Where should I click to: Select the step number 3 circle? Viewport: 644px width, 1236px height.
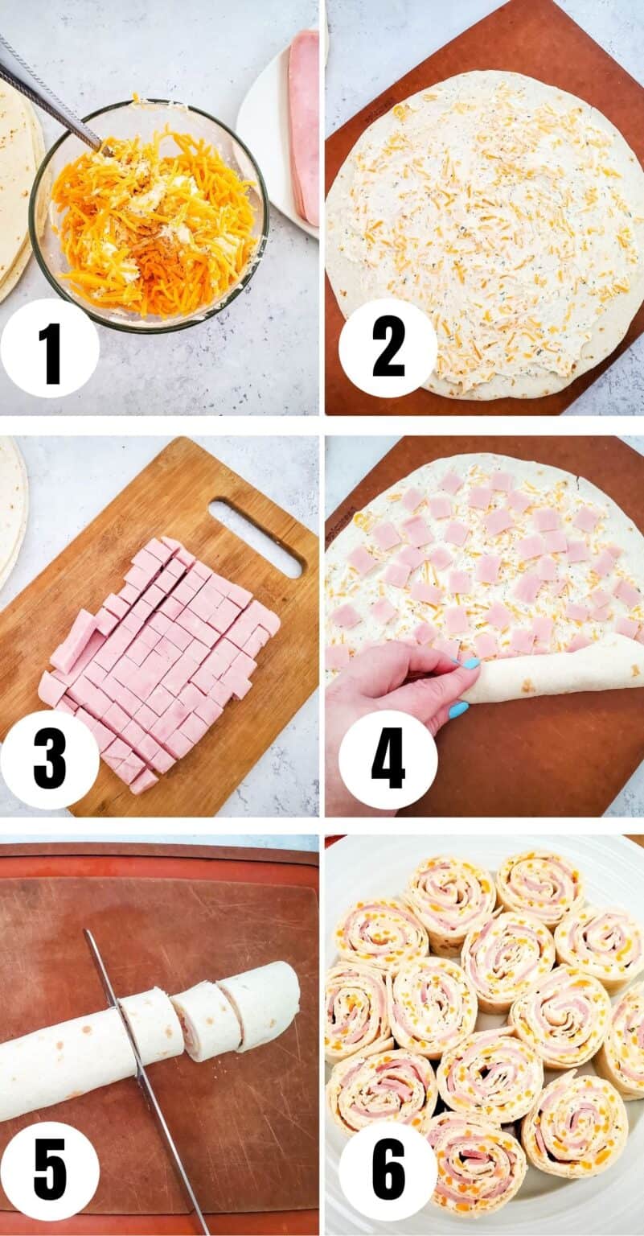point(50,760)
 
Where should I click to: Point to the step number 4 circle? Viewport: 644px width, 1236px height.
point(388,760)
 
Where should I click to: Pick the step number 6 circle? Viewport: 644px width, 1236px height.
point(388,1171)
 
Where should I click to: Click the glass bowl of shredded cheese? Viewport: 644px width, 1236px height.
point(149,216)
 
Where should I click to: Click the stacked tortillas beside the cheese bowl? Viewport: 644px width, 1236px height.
point(18,193)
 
